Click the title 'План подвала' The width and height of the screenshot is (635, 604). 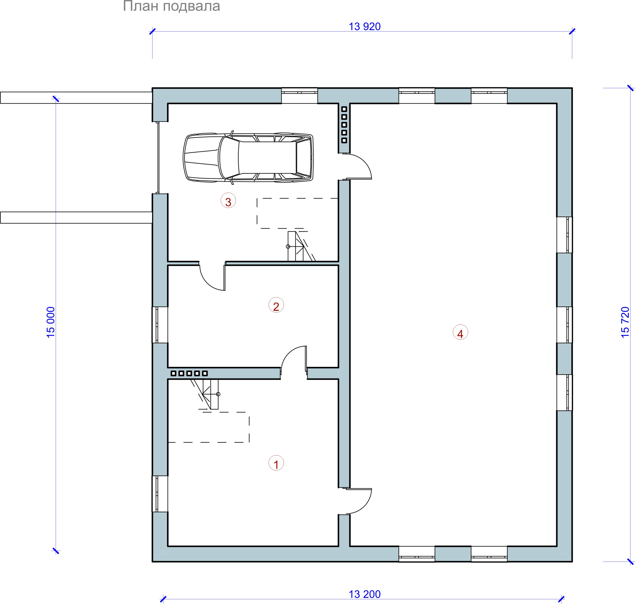click(x=171, y=6)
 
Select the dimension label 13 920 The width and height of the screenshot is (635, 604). click(x=365, y=26)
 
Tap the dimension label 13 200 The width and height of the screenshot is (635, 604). click(x=365, y=594)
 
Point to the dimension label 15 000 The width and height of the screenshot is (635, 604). click(x=51, y=322)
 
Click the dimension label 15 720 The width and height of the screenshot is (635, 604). click(x=625, y=322)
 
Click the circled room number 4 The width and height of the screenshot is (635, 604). click(x=460, y=332)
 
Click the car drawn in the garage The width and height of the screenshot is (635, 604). click(x=248, y=158)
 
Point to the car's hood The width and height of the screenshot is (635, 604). click(x=201, y=158)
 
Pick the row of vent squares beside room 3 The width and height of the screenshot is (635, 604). click(x=344, y=125)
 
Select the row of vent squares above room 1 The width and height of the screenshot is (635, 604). click(x=189, y=374)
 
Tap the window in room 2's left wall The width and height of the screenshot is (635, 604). click(x=160, y=325)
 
